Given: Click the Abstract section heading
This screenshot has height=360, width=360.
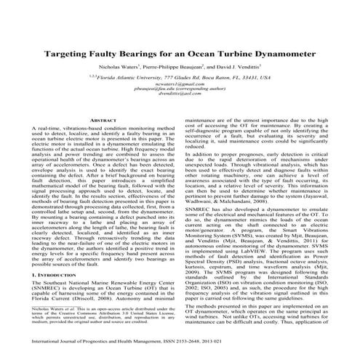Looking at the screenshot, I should coord(102,118).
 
